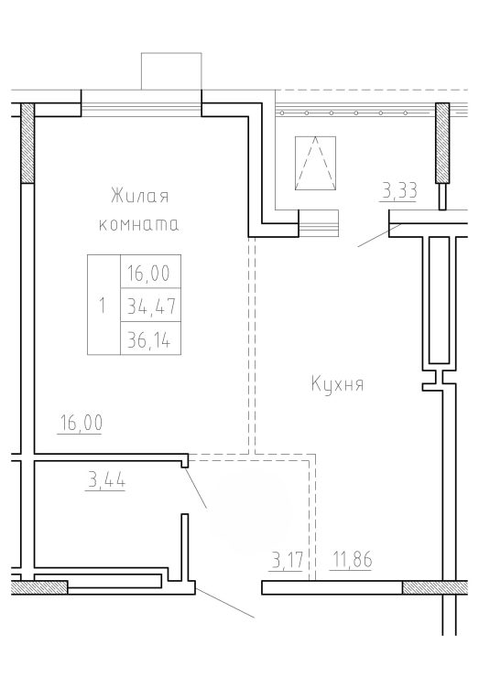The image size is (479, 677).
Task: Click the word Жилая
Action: tap(139, 197)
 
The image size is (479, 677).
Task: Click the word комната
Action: tap(139, 225)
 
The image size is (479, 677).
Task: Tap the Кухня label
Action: tap(337, 383)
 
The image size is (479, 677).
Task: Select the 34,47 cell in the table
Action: tap(150, 305)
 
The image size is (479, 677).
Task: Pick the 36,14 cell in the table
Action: tap(150, 338)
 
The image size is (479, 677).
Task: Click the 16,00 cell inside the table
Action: tap(150, 272)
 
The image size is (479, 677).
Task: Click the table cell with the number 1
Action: tap(103, 305)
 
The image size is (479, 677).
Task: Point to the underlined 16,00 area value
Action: tap(82, 423)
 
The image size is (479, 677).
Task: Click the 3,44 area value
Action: tap(106, 480)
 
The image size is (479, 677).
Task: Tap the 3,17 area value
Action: tap(286, 561)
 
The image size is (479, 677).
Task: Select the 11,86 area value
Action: tap(351, 560)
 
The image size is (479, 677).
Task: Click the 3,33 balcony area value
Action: tap(399, 192)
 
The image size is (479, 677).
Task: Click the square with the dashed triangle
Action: tap(315, 163)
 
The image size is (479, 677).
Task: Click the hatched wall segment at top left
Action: tap(27, 143)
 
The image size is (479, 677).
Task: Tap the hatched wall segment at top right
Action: tap(441, 143)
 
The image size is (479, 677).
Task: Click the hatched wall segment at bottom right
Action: tap(435, 587)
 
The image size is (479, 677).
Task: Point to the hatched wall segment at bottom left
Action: tap(38, 587)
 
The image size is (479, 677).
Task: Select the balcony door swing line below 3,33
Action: tap(379, 235)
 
